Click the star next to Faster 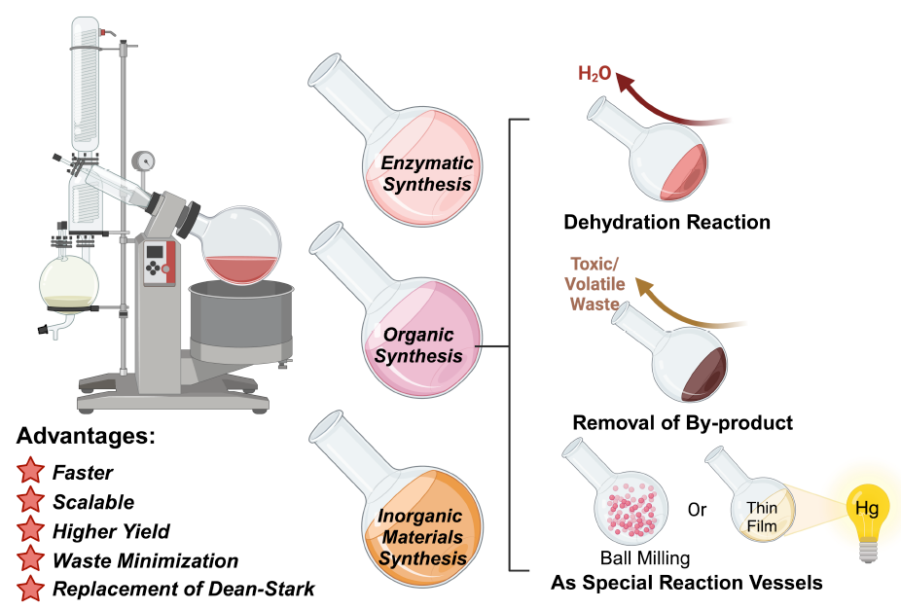[31, 473]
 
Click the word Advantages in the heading [86, 435]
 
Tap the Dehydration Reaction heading [667, 223]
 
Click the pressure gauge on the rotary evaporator [146, 160]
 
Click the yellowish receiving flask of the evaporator [69, 281]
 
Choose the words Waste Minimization [145, 560]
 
